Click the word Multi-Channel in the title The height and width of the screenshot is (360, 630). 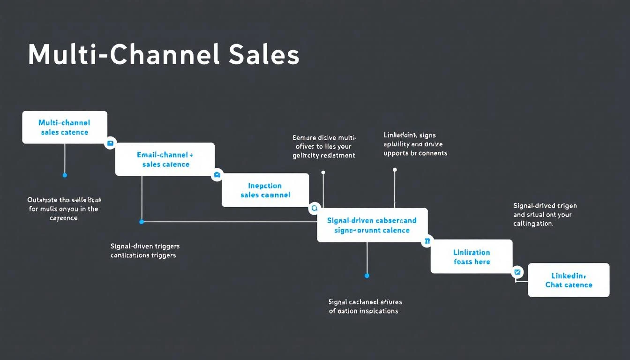point(123,55)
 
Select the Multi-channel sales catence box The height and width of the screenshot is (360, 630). point(65,127)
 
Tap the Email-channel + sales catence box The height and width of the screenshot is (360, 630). point(165,159)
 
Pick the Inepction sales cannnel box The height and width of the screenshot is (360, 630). point(265,190)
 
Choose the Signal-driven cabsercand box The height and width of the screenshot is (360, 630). point(372,225)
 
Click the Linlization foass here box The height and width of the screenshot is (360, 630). point(472,256)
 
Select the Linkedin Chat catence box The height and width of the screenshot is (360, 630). point(569,280)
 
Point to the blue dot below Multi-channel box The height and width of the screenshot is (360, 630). point(65,175)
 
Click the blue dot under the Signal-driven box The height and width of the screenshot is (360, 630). point(367,276)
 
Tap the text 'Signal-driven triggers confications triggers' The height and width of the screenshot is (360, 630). point(145,251)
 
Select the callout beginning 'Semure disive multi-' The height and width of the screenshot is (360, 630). point(324,146)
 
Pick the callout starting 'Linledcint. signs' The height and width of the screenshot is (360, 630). point(415,144)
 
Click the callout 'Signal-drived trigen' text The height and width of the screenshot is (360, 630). point(545,214)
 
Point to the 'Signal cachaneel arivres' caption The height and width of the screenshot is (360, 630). point(365,307)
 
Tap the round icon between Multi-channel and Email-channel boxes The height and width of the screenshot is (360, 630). point(111,143)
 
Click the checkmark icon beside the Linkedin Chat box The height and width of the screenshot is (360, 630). point(517,271)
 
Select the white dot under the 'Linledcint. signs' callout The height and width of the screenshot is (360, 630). point(395,170)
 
